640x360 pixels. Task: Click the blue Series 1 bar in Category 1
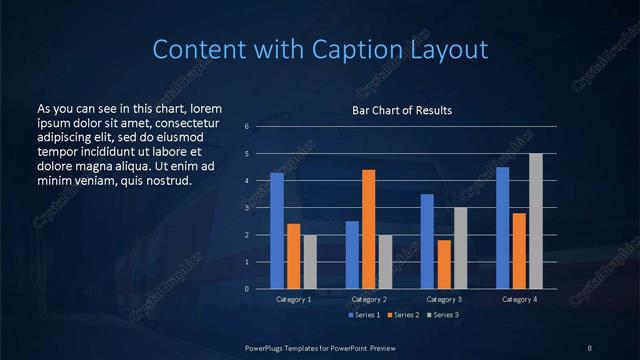(277, 231)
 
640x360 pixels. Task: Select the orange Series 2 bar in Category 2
(369, 229)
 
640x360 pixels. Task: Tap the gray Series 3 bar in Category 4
(536, 221)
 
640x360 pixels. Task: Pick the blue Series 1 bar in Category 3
(427, 241)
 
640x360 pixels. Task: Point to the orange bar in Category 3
(444, 264)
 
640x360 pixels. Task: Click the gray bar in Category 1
(310, 261)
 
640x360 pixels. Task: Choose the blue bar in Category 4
(503, 228)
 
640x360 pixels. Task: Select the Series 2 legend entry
(401, 315)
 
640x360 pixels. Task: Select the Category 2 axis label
(369, 299)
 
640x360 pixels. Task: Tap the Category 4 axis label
(519, 299)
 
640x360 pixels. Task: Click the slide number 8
(590, 346)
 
